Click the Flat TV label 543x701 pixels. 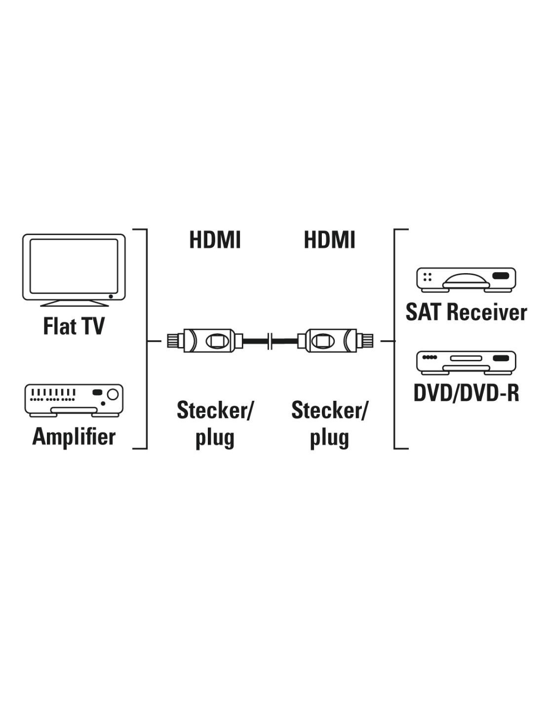click(x=74, y=326)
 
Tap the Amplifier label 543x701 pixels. click(x=74, y=437)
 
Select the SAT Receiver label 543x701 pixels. click(x=466, y=312)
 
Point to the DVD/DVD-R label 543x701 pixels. click(x=466, y=392)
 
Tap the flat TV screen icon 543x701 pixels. click(x=74, y=270)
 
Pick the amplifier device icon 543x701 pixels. click(x=74, y=400)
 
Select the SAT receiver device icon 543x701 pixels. click(x=466, y=280)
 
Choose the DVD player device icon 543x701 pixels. click(x=466, y=363)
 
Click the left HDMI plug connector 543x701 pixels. click(x=205, y=340)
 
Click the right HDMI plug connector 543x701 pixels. click(x=335, y=340)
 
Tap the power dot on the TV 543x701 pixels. click(x=111, y=296)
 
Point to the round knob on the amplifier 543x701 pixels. click(x=113, y=394)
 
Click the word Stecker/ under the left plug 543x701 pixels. click(x=214, y=410)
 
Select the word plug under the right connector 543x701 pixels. click(x=329, y=438)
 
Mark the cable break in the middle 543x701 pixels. click(x=271, y=341)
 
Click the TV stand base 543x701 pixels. click(x=74, y=303)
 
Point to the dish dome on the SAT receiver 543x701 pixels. click(x=466, y=280)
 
